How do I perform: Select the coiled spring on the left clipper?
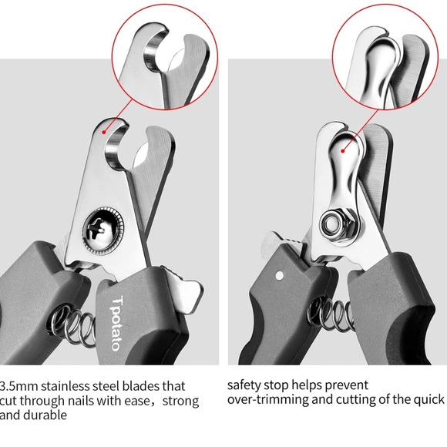(x=72, y=323)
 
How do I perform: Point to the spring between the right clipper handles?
(x=331, y=314)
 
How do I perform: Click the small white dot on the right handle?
(x=279, y=275)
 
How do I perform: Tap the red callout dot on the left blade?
(x=104, y=132)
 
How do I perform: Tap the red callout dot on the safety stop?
(x=343, y=151)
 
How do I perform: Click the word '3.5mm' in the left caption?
(x=18, y=387)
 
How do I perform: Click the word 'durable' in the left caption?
(x=45, y=415)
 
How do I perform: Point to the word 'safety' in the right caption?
(x=244, y=385)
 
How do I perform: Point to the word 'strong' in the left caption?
(x=180, y=402)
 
